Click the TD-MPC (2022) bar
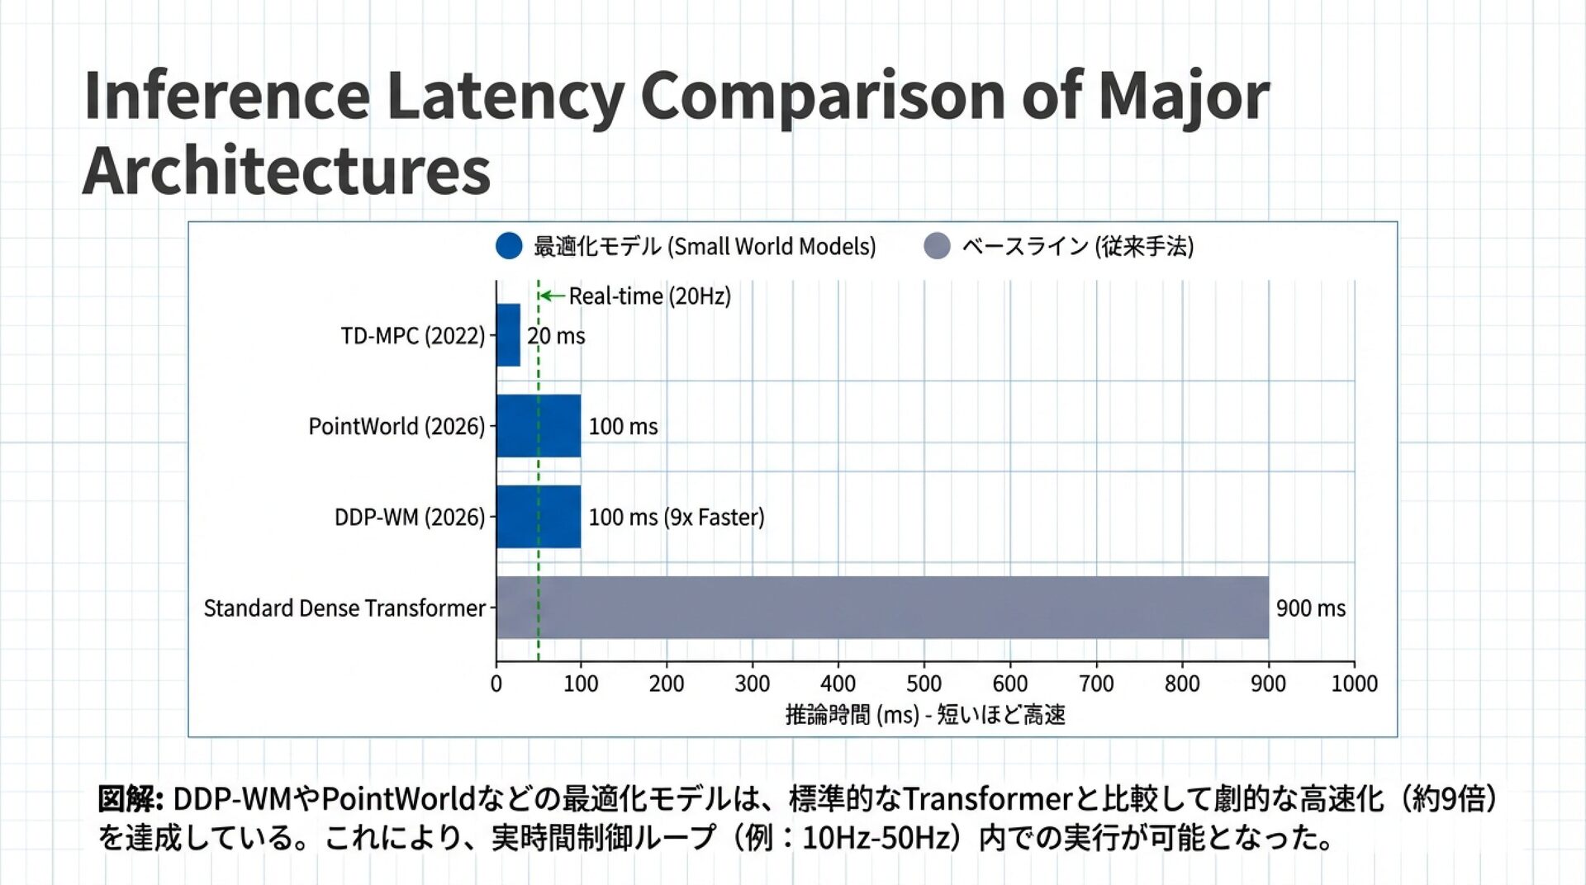click(x=508, y=335)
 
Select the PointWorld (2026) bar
click(x=538, y=426)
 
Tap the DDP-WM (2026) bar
click(x=538, y=517)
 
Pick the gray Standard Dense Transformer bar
click(x=881, y=608)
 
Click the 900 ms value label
click(x=1310, y=608)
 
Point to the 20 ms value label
click(x=556, y=336)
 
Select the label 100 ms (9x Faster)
click(x=676, y=518)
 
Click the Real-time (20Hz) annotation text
click(x=649, y=296)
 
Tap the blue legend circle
click(x=509, y=246)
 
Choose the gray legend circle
click(x=937, y=246)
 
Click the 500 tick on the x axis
click(x=924, y=684)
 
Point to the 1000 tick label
click(x=1354, y=684)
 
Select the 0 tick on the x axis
click(x=496, y=684)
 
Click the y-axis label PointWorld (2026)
click(x=396, y=427)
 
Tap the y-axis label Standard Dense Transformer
click(x=344, y=608)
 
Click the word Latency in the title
click(x=504, y=97)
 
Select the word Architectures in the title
click(x=287, y=171)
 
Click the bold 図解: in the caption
click(x=130, y=799)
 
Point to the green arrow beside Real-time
click(x=552, y=296)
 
